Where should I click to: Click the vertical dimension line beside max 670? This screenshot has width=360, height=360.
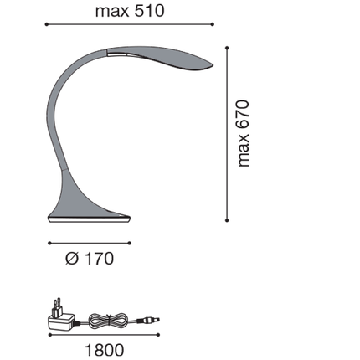[x=229, y=134]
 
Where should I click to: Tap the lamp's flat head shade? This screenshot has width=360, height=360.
[x=159, y=60]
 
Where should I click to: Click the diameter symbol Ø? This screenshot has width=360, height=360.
[x=71, y=258]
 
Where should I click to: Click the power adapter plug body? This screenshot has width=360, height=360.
[x=61, y=321]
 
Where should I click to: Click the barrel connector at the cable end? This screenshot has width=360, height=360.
[x=152, y=320]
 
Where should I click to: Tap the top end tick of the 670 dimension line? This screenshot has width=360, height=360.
[x=229, y=46]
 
